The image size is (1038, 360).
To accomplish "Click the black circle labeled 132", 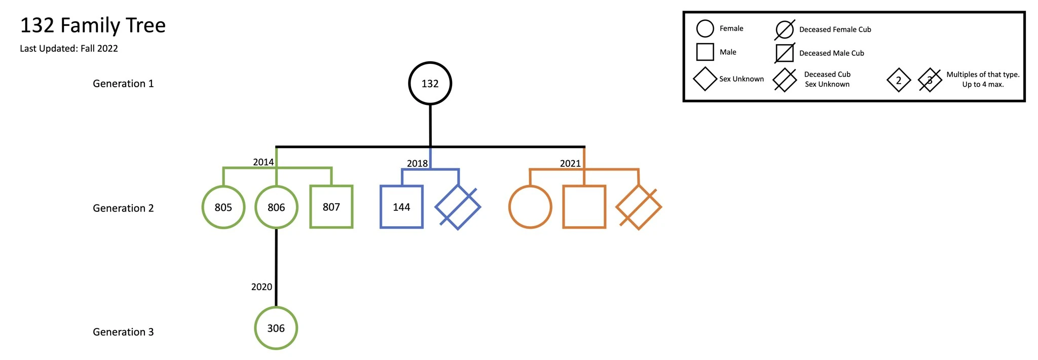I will (x=430, y=84).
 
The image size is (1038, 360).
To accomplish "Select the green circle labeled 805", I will (x=223, y=207).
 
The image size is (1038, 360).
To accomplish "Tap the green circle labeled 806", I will (x=276, y=207).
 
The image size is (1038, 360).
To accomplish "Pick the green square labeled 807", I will (x=331, y=207).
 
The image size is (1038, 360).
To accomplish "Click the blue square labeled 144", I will (x=401, y=207).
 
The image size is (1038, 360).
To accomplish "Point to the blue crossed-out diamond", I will (x=458, y=207).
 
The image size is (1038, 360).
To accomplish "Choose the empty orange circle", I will (x=530, y=207).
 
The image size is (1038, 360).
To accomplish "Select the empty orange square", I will (x=584, y=207).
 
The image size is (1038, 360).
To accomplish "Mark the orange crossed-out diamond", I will (x=638, y=207).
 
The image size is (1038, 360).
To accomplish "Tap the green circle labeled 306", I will (x=276, y=328).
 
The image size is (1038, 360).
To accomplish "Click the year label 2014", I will (x=263, y=162).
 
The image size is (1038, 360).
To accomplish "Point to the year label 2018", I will (x=417, y=163).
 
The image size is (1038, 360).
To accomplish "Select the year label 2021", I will (x=570, y=163).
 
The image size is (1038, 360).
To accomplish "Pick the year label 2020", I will (x=262, y=287).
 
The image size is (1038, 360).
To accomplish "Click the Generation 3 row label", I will (x=123, y=332).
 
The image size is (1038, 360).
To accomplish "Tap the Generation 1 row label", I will (x=123, y=84).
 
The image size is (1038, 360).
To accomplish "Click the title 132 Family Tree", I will (x=93, y=25).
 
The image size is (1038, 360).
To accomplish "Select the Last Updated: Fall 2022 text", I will (x=69, y=49).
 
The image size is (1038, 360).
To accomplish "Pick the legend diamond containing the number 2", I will (x=899, y=80).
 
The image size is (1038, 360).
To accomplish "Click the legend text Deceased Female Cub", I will (x=835, y=29).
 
